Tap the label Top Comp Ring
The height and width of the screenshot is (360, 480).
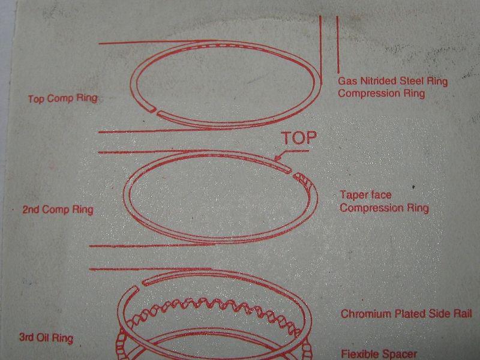62,98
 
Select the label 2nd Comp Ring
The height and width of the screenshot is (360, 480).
58,210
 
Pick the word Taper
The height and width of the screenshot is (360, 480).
352,196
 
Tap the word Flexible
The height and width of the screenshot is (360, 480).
359,354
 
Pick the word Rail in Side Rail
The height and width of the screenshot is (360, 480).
461,314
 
